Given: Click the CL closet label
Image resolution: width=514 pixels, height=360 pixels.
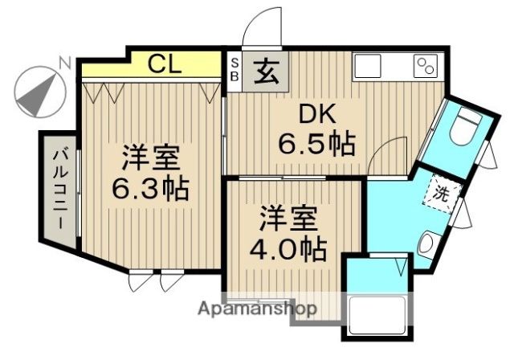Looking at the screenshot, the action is click(x=164, y=64).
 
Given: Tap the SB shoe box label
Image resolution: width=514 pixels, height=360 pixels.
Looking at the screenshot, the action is click(x=235, y=69).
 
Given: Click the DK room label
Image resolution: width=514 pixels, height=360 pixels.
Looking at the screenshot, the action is click(x=317, y=113).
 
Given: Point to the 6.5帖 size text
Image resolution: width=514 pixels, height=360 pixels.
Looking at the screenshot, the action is click(x=316, y=143).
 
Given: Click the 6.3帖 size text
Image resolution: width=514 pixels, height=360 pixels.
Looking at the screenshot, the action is click(x=150, y=189).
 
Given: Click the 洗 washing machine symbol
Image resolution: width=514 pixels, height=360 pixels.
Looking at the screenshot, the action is click(x=441, y=194).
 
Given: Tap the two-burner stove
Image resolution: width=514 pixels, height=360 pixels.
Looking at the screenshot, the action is click(x=426, y=66).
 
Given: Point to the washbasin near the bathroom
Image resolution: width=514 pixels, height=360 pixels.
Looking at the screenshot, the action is click(x=427, y=243).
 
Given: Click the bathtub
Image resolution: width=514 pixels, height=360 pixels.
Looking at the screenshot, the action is click(x=377, y=313).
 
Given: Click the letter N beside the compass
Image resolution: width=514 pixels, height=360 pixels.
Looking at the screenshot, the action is click(x=65, y=63).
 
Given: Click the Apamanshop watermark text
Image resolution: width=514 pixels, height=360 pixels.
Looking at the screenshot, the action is click(x=257, y=309).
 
